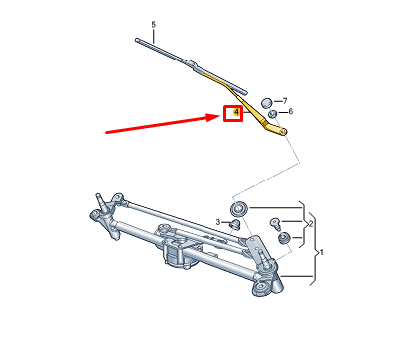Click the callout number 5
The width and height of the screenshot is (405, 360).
154,23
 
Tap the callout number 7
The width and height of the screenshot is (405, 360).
285,101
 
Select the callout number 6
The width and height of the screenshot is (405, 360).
290,115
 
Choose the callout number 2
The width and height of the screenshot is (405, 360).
312,225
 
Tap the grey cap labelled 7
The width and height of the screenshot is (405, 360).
266,102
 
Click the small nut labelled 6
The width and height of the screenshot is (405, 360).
272,115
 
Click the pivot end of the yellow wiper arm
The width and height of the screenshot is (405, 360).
282,130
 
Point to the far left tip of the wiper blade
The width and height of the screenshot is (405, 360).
135,41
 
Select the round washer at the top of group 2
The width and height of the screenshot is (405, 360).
239,208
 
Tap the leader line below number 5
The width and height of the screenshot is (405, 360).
154,35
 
